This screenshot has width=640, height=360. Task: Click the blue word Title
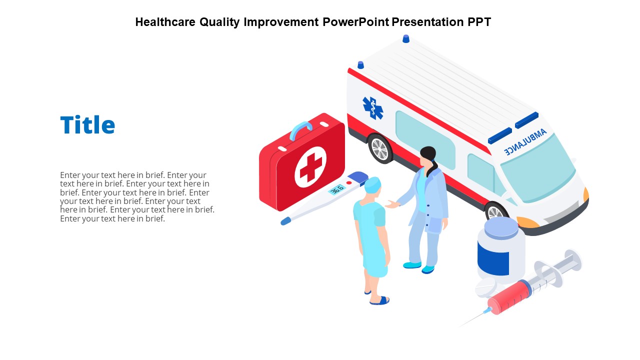87,125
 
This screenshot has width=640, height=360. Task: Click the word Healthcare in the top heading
165,22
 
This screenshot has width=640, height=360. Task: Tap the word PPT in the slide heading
478,22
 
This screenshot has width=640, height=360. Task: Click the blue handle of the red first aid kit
300,129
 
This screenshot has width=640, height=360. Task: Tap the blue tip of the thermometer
285,221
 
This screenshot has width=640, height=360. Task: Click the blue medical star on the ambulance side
372,108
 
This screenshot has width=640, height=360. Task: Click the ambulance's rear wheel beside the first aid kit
380,148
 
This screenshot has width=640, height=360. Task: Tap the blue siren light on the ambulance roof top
405,38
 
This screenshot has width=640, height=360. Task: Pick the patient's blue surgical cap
372,185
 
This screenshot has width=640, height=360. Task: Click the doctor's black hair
429,155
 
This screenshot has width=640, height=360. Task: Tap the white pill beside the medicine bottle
485,288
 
